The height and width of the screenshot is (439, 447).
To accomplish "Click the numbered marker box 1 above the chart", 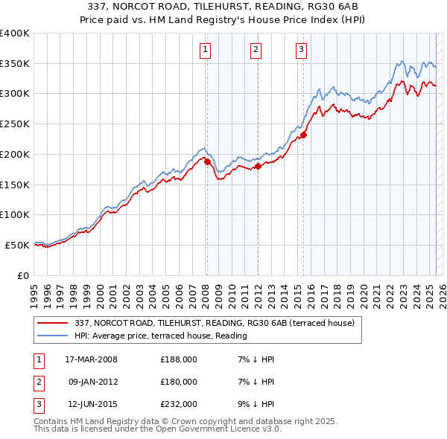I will tap(205, 50).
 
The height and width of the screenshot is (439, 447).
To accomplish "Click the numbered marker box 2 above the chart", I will tap(256, 50).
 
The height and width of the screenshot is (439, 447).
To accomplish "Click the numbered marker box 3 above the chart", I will tap(301, 50).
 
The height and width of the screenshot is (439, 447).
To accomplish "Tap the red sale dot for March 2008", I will tap(207, 161).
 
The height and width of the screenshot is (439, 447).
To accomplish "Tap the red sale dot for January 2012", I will tap(258, 166).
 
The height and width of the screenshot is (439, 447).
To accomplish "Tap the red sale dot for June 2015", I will tap(303, 135).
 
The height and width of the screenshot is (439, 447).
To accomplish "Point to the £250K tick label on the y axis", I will tap(15, 124).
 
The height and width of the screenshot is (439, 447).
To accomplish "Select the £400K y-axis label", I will tap(15, 33).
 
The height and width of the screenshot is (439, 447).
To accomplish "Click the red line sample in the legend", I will tap(52, 323).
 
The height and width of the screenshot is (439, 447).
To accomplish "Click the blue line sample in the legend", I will tap(52, 336).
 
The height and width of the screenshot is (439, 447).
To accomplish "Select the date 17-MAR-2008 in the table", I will tap(92, 359).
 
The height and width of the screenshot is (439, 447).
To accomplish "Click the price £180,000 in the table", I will tap(178, 382).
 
